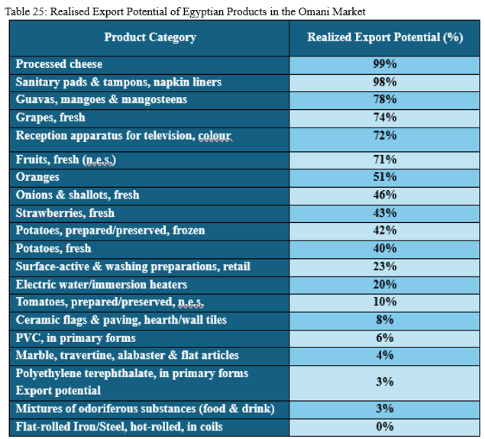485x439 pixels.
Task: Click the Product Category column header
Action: [150, 37]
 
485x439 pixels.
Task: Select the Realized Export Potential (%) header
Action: [385, 37]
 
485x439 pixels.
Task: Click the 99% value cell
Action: [384, 64]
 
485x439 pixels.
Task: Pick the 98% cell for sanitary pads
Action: [384, 82]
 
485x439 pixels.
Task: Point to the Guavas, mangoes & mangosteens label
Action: [101, 100]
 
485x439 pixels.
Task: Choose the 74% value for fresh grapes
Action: [384, 118]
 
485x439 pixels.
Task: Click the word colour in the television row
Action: [214, 135]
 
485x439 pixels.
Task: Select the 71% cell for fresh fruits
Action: [384, 160]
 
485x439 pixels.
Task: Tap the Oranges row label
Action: [37, 177]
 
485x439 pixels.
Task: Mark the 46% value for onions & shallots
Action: [384, 195]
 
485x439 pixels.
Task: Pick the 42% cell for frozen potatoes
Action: [384, 231]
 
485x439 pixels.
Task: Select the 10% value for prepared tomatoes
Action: [384, 302]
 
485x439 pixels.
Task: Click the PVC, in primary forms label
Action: [76, 337]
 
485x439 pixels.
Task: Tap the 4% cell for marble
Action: [384, 355]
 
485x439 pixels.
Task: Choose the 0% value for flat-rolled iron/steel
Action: [384, 427]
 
